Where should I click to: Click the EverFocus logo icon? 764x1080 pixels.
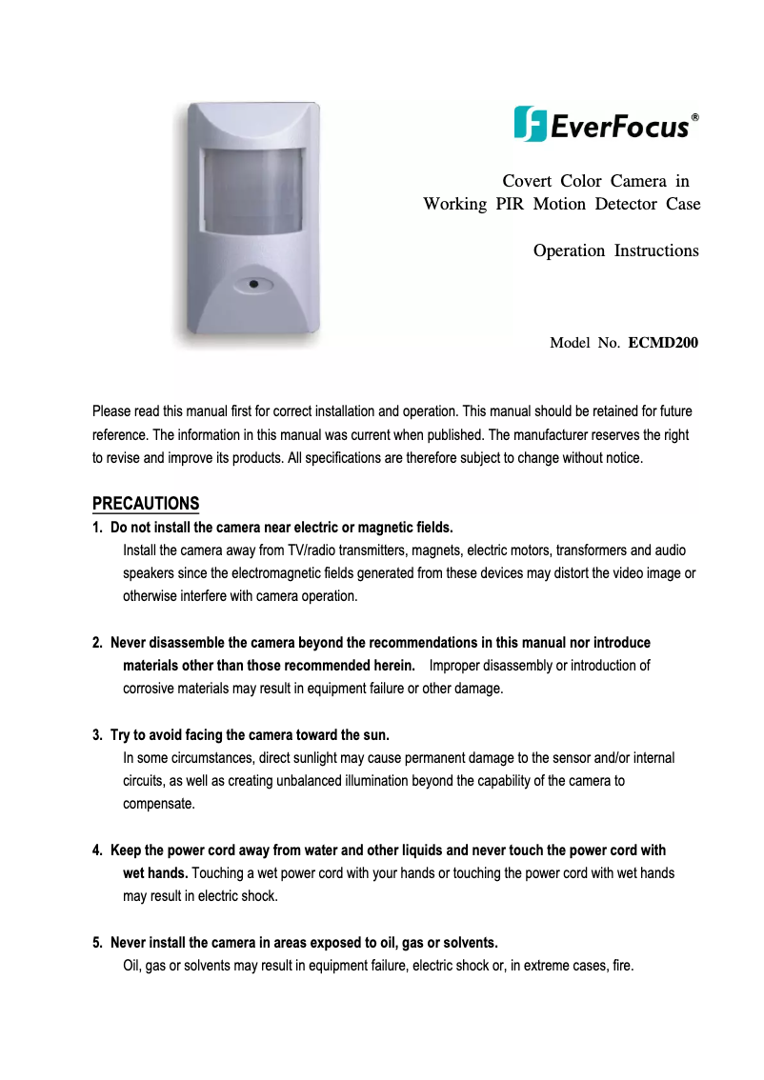pyautogui.click(x=530, y=124)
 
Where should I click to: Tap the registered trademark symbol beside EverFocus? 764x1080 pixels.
pyautogui.click(x=695, y=117)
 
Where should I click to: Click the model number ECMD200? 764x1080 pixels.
pyautogui.click(x=663, y=342)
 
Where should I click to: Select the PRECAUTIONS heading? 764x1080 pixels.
pyautogui.click(x=146, y=504)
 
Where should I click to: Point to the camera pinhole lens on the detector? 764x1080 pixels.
pyautogui.click(x=254, y=283)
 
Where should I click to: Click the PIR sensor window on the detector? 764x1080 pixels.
pyautogui.click(x=253, y=191)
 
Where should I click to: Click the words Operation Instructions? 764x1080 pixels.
pyautogui.click(x=615, y=251)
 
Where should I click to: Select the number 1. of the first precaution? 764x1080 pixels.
pyautogui.click(x=97, y=528)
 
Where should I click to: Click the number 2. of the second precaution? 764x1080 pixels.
pyautogui.click(x=97, y=644)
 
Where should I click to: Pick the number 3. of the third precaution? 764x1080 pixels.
pyautogui.click(x=97, y=736)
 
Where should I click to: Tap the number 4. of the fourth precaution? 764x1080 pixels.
pyautogui.click(x=97, y=850)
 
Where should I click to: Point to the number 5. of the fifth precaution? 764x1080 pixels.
pyautogui.click(x=97, y=944)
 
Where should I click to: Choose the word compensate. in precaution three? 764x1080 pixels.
pyautogui.click(x=159, y=805)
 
